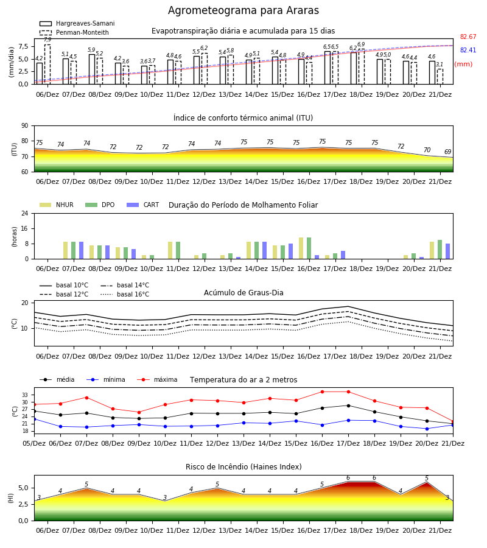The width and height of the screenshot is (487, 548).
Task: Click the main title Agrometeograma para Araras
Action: coord(243,10)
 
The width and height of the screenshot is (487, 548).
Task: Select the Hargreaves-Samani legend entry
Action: coord(77,23)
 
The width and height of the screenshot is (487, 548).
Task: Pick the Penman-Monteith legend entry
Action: coord(74,32)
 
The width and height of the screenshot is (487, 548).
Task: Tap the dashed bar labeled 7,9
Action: coord(47,65)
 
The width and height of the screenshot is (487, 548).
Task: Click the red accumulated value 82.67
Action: coord(468,37)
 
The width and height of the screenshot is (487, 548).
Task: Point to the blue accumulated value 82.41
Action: coord(468,50)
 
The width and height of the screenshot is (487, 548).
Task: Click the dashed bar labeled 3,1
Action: coord(440,77)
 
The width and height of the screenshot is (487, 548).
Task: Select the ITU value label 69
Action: coord(448,152)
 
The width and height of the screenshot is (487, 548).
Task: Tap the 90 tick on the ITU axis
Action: coord(25,125)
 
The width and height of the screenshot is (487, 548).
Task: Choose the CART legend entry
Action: coord(143,205)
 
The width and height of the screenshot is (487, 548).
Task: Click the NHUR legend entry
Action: coord(57,205)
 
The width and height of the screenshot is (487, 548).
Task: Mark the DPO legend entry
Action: coord(100,205)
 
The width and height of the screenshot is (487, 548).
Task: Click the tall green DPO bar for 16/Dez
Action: coord(309,248)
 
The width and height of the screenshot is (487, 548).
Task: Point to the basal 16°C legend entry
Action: coord(125,294)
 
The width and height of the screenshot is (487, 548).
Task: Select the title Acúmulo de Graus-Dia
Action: coord(243,292)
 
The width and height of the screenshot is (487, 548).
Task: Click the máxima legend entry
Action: coord(157,379)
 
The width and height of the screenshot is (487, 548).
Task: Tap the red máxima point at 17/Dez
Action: coord(348,392)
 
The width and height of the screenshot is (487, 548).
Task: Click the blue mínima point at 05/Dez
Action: coord(34,419)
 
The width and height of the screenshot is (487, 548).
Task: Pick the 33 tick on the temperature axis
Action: coord(25,395)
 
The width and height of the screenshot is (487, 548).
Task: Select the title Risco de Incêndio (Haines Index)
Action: coord(243,466)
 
